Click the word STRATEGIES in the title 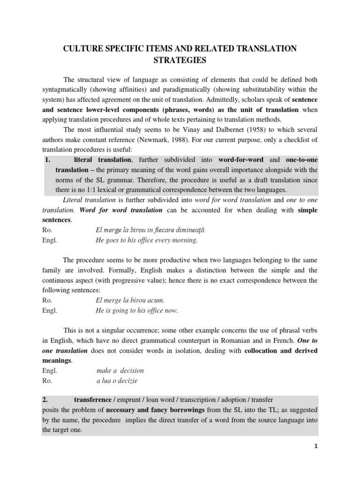(x=180, y=60)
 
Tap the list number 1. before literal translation (x=47, y=160)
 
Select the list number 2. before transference (x=45, y=399)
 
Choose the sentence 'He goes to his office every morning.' (x=147, y=240)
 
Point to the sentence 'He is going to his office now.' (x=137, y=310)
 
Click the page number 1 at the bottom (x=316, y=446)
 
